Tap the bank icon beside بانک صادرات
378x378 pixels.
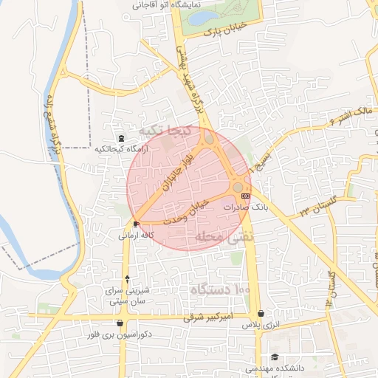245,196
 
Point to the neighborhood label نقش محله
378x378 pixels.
224,237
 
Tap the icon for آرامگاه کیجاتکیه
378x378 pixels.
121,138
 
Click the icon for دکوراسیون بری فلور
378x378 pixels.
120,323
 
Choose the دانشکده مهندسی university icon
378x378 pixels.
275,358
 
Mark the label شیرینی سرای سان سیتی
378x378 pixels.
129,295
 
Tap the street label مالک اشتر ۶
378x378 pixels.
351,114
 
